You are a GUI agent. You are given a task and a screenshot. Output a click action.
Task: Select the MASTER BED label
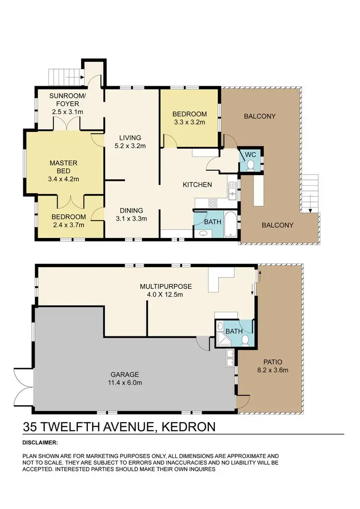point(63,167)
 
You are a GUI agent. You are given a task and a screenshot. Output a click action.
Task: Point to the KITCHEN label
point(197,184)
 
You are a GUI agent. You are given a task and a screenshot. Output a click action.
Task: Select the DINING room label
point(132,210)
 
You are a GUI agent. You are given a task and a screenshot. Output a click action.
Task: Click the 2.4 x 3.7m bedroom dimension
point(68,225)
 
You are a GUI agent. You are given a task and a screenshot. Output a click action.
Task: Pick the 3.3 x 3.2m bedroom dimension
point(189,122)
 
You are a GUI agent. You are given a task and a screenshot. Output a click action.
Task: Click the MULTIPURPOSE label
point(165,286)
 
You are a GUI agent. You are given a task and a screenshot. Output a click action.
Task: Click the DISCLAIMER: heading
point(40,442)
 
